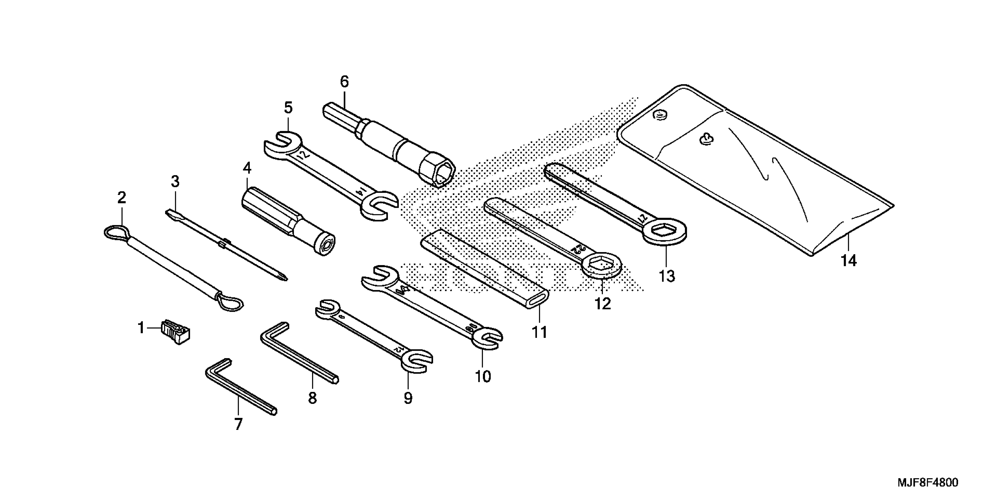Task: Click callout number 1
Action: point(141,328)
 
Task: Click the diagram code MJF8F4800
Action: point(928,483)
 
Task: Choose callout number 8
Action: point(312,398)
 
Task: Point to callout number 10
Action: point(483,376)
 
